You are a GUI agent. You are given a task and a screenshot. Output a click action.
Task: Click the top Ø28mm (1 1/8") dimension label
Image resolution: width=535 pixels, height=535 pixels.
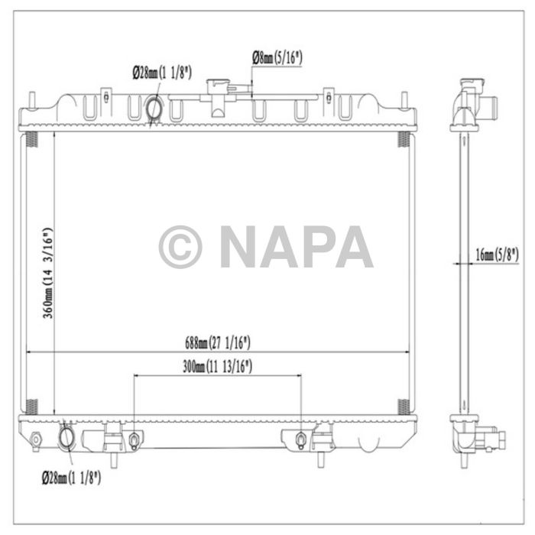[161, 73]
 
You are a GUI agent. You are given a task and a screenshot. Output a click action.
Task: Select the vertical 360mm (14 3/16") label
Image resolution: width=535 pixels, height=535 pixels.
[47, 272]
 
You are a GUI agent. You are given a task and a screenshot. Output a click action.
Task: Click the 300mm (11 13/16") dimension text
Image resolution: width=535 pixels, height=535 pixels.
[218, 368]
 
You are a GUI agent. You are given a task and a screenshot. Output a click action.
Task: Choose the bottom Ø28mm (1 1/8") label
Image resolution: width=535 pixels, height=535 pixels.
[70, 478]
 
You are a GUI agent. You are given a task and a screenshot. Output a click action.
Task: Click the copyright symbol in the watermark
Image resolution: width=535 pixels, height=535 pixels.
[180, 247]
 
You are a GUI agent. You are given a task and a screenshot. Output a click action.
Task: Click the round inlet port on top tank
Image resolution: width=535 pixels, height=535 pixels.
[154, 109]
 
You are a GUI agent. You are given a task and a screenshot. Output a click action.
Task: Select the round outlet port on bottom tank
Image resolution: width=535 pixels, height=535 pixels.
[66, 438]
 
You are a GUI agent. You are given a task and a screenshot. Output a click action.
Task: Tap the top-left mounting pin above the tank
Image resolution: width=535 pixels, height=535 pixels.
[31, 100]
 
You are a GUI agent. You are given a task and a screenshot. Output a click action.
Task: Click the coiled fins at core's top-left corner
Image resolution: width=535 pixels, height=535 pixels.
[31, 140]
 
